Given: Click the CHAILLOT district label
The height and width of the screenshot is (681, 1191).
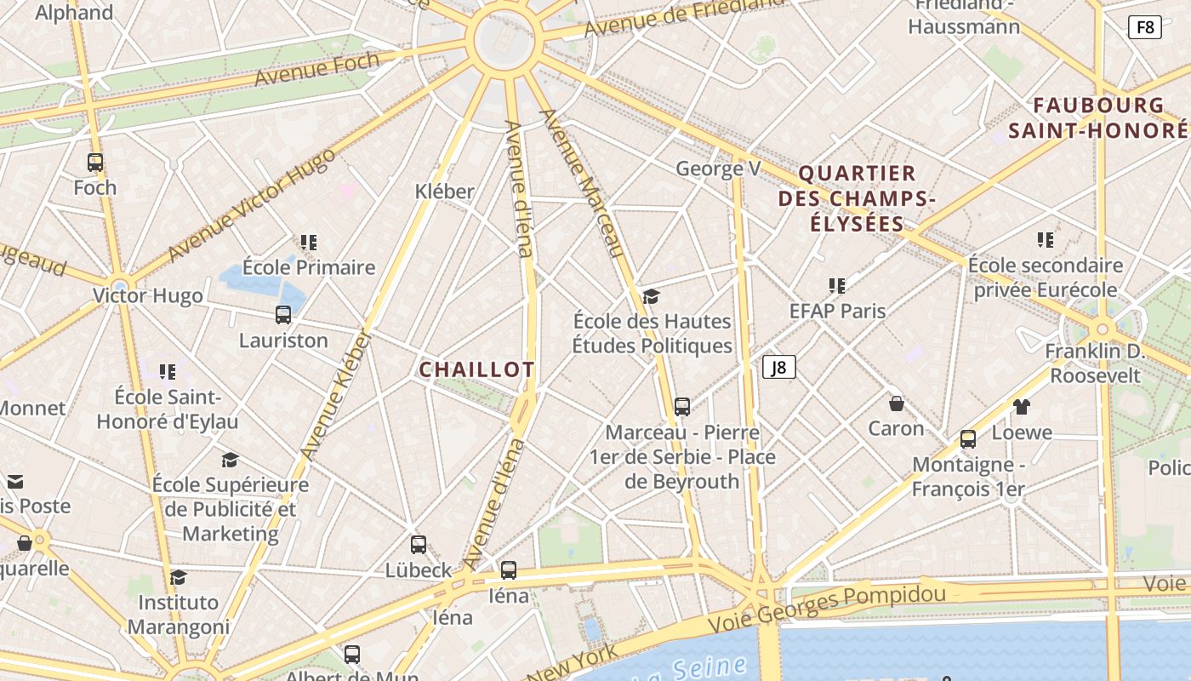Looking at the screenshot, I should (476, 369).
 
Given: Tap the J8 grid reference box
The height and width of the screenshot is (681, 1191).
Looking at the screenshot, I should (778, 368).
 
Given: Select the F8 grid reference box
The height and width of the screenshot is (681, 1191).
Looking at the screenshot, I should (1145, 27).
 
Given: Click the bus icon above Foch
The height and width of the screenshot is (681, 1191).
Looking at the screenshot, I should (95, 163).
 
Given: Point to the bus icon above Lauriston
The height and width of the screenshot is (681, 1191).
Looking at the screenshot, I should (283, 315).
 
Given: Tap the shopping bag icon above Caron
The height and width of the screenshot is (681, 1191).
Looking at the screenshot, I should (896, 403).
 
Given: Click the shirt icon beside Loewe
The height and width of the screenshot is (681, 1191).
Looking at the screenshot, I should (1021, 407).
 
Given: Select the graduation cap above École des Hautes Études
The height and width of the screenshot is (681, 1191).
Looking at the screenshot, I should (652, 296).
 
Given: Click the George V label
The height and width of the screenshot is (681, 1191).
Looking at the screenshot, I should (718, 169).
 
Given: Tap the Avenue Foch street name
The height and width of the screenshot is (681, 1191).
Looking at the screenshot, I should (316, 69).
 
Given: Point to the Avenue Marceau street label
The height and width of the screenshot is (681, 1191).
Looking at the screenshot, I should (583, 182).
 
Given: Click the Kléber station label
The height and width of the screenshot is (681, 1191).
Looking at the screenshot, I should (444, 191).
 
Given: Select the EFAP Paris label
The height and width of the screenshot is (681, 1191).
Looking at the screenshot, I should (837, 311).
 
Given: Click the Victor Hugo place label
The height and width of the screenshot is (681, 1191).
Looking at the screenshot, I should (148, 296).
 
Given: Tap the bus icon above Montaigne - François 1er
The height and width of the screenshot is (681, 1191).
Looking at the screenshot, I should (968, 439).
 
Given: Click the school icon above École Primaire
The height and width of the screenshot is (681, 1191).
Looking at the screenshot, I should (308, 243).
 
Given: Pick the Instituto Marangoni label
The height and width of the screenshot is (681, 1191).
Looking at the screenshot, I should (179, 615).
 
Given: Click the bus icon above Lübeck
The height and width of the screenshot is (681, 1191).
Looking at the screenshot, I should (419, 545).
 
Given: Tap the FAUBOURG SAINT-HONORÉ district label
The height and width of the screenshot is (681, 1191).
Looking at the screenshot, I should (1097, 118).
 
